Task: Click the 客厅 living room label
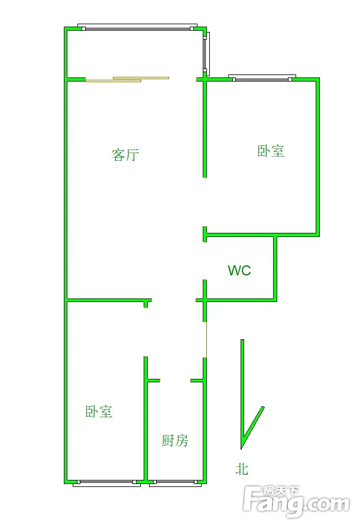(x=125, y=155)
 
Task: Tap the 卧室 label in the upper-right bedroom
(x=271, y=151)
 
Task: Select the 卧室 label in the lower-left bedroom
(x=99, y=411)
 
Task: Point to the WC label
(x=239, y=271)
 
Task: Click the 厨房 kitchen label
(x=175, y=440)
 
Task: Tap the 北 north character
(x=242, y=469)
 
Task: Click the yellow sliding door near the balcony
(x=127, y=79)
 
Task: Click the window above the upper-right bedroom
(x=261, y=77)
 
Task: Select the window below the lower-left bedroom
(x=107, y=483)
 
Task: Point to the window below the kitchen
(x=173, y=483)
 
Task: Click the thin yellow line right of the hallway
(x=206, y=340)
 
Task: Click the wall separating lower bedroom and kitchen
(x=146, y=420)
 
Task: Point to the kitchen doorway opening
(x=175, y=381)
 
